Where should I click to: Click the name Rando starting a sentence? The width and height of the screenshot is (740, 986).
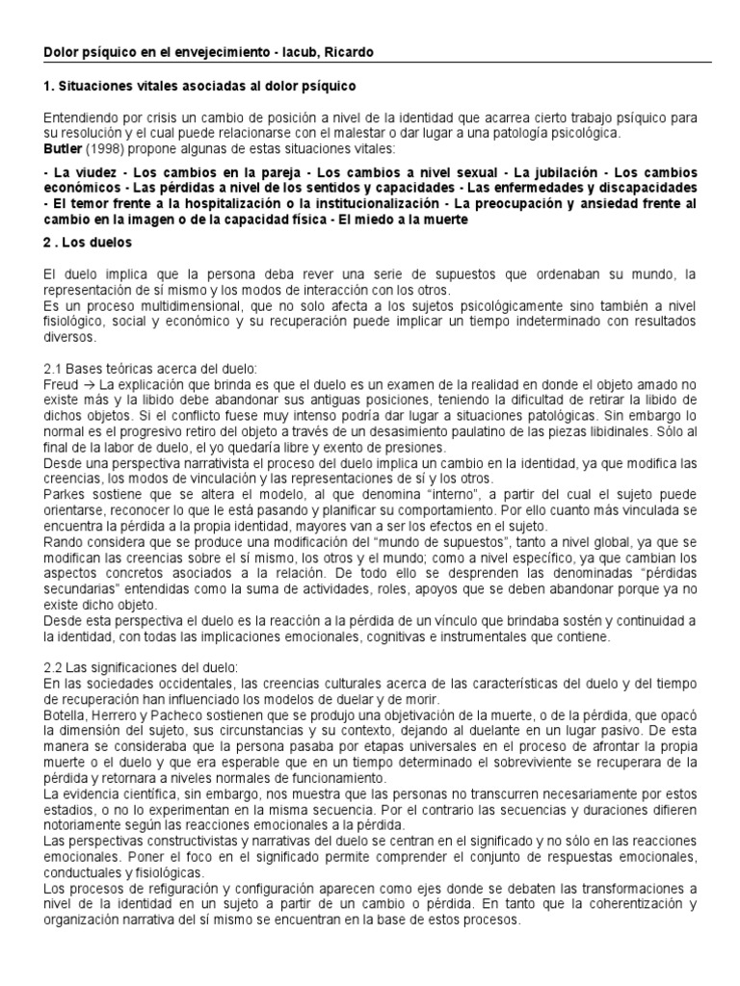tap(63, 542)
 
